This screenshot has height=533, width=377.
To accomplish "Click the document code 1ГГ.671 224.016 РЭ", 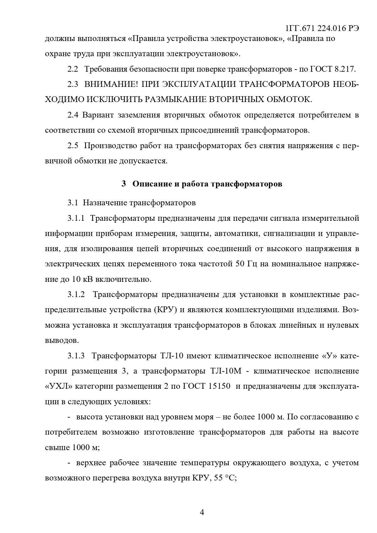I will (322, 28).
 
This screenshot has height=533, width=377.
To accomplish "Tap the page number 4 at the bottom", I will (202, 512).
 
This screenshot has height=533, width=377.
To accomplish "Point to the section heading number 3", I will (123, 184).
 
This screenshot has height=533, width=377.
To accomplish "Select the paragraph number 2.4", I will (73, 115).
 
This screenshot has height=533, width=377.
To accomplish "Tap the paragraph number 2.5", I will (73, 146).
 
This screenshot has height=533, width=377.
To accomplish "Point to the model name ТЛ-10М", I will (225, 371).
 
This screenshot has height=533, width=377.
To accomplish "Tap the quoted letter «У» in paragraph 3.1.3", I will (329, 356).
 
